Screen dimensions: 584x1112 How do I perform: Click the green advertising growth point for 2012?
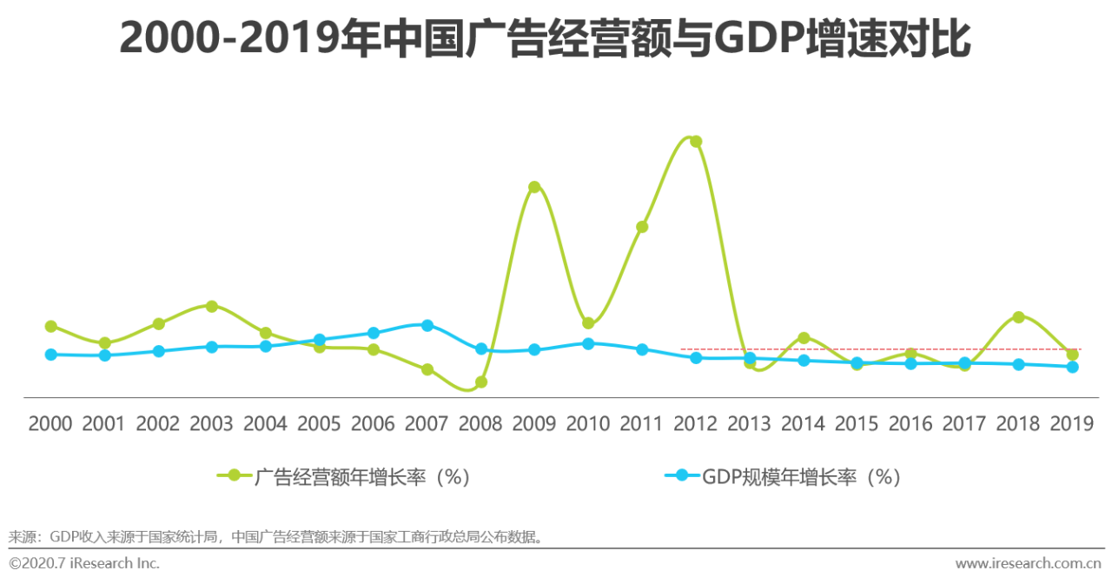coord(696,142)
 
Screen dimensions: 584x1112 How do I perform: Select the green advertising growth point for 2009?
coord(534,187)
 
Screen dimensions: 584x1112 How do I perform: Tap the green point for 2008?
coord(481,382)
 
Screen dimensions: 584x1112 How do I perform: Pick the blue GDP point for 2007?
coord(427,325)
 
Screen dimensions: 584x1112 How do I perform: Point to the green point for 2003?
coord(212,306)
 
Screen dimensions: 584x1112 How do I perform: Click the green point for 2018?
coord(1018,317)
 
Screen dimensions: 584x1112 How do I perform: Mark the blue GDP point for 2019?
coord(1072,367)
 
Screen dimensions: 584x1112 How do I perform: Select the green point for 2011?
coord(642,227)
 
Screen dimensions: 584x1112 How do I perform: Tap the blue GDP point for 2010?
coord(588,343)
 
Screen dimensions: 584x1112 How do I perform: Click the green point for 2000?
coord(51,326)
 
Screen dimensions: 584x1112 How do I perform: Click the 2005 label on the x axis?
coord(319,424)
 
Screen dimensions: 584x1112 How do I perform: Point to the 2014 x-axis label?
coord(803,424)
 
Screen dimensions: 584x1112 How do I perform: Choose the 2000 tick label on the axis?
coord(50,424)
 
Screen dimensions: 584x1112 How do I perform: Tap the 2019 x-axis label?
coord(1071,424)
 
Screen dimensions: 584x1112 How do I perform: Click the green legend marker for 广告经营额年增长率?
coord(233,474)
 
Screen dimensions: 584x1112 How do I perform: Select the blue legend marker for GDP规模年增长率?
coord(681,474)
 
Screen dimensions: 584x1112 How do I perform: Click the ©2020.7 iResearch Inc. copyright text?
coord(84,563)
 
